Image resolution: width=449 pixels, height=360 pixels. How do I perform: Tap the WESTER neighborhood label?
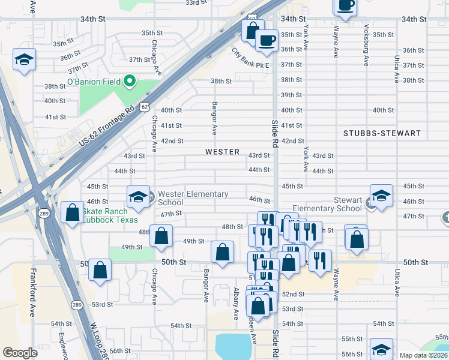click(222, 152)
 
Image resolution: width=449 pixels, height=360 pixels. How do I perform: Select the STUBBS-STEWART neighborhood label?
click(382, 133)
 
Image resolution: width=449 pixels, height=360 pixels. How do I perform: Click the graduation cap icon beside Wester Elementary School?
click(137, 196)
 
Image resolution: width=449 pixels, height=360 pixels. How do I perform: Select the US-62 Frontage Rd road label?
click(106, 128)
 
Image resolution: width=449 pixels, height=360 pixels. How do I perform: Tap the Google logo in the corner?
click(20, 353)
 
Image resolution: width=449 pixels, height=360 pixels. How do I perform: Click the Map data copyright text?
click(423, 355)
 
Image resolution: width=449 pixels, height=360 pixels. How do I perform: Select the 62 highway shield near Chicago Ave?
click(143, 106)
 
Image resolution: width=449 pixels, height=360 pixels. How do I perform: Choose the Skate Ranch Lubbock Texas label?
click(109, 215)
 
